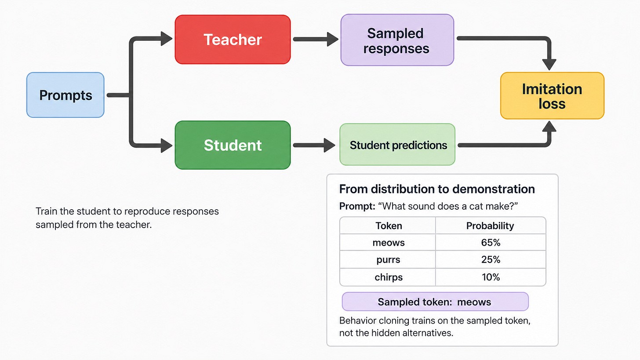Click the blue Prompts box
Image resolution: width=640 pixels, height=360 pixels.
click(65, 95)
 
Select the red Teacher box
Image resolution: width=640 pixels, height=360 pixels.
click(233, 40)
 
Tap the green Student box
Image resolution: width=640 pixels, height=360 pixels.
click(233, 145)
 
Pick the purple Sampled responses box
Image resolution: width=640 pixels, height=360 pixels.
click(397, 40)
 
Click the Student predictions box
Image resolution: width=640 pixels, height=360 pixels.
click(397, 145)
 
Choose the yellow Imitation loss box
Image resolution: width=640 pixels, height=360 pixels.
click(552, 96)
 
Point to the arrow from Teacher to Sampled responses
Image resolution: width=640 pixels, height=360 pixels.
click(316, 39)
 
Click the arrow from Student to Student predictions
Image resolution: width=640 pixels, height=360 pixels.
click(314, 145)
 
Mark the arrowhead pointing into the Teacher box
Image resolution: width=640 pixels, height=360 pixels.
click(166, 39)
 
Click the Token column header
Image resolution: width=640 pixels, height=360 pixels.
click(389, 226)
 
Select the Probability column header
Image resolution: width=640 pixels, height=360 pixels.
click(490, 226)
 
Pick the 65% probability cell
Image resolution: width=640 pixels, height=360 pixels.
click(491, 243)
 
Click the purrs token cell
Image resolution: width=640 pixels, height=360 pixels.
click(388, 260)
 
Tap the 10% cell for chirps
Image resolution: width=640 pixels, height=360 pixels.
click(491, 277)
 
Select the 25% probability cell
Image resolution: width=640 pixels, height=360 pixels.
click(491, 259)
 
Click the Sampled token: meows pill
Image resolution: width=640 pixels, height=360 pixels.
click(435, 302)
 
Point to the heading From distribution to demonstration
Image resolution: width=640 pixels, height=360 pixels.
click(437, 189)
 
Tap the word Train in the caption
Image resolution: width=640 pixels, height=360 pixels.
click(47, 211)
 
